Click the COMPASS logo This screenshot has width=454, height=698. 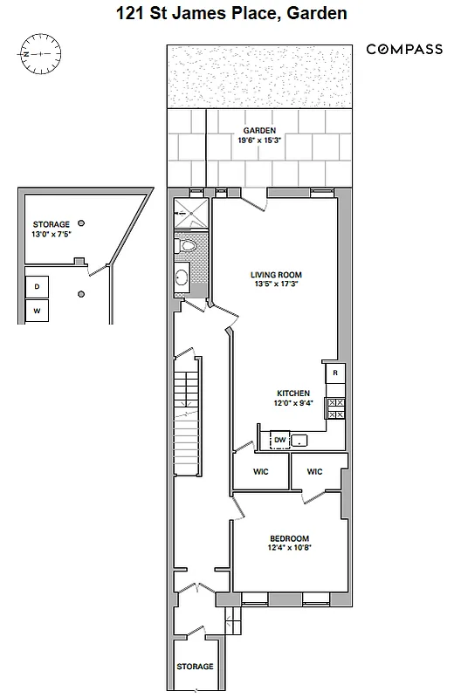click(x=404, y=50)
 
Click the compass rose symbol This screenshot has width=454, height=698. click(x=41, y=54)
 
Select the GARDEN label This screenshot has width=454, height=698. click(x=259, y=130)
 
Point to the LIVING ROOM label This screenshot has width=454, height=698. click(x=276, y=274)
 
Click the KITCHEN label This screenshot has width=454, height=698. click(x=294, y=393)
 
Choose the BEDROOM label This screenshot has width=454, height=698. click(x=290, y=538)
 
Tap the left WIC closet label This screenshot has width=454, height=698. click(x=260, y=472)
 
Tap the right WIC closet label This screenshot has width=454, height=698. click(x=315, y=472)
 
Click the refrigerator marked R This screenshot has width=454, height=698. click(x=335, y=373)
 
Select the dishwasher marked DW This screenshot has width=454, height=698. click(x=279, y=440)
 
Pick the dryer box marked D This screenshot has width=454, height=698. click(x=37, y=286)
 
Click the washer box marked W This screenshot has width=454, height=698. click(x=37, y=311)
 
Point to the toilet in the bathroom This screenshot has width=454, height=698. click(x=186, y=247)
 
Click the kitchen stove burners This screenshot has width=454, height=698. click(x=335, y=407)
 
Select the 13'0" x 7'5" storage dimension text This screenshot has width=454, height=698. click(x=50, y=234)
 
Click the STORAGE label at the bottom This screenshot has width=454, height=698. click(x=195, y=667)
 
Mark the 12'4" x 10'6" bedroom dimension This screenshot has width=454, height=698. click(x=290, y=549)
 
